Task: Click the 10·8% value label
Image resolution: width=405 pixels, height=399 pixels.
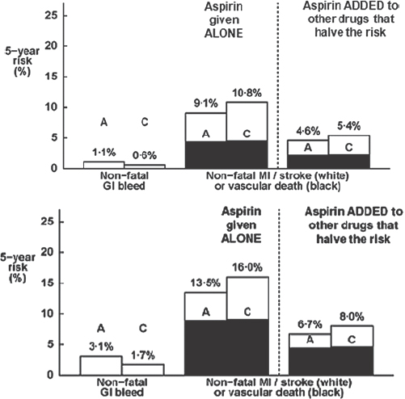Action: pyautogui.click(x=247, y=93)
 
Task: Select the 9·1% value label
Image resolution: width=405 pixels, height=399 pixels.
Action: pyautogui.click(x=206, y=103)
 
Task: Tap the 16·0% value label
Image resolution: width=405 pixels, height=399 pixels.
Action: pyautogui.click(x=248, y=267)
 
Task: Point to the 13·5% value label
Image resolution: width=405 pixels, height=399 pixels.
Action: pyautogui.click(x=206, y=283)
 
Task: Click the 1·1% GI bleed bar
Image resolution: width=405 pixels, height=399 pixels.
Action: pyautogui.click(x=104, y=165)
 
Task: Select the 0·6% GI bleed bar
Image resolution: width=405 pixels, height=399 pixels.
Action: pyautogui.click(x=145, y=166)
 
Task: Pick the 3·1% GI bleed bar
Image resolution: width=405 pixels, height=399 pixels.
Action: pyautogui.click(x=101, y=366)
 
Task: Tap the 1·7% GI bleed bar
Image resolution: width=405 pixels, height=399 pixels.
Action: pyautogui.click(x=143, y=370)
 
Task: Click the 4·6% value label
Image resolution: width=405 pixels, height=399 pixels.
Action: pyautogui.click(x=308, y=131)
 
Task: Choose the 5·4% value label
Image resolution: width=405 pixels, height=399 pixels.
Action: pyautogui.click(x=348, y=126)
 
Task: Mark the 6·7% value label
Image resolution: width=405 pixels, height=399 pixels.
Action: pyautogui.click(x=310, y=325)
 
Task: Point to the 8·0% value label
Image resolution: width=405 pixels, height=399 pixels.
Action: pyautogui.click(x=352, y=317)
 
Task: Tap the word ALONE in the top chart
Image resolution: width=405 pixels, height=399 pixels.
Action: pyautogui.click(x=224, y=33)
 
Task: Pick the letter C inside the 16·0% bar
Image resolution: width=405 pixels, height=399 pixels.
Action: pyautogui.click(x=247, y=312)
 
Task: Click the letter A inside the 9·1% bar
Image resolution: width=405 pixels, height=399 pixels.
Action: pyautogui.click(x=206, y=134)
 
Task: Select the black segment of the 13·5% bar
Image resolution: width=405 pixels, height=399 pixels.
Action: pyautogui.click(x=205, y=347)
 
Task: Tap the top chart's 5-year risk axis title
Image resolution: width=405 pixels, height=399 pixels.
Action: pyautogui.click(x=22, y=61)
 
